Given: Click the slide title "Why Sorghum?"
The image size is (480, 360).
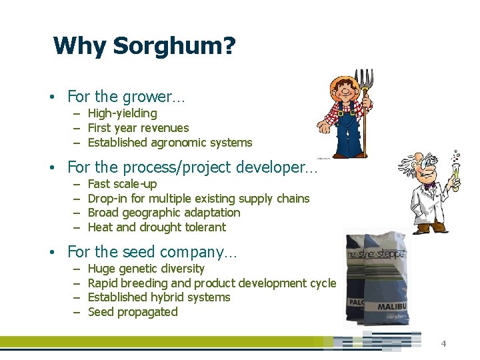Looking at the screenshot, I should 144,47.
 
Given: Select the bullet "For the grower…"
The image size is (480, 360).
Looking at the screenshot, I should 126,97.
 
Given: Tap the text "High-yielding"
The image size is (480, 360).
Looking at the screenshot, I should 122,113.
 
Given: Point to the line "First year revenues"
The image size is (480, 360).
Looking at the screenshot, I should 138,128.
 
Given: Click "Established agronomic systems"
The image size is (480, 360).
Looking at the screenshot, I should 170,143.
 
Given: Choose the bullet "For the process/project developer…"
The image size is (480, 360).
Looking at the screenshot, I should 193,168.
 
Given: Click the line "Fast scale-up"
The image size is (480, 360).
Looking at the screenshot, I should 122,184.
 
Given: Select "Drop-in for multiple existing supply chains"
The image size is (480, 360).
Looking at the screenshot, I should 199,199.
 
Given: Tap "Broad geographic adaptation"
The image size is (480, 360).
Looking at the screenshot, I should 164,213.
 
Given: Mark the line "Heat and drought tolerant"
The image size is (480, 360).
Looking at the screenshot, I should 157,227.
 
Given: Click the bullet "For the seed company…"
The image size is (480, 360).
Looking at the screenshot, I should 152,252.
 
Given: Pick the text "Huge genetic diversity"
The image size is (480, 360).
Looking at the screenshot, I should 146,269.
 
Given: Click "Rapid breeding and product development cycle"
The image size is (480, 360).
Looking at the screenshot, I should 212,283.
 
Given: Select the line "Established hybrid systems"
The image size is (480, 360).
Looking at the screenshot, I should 159,297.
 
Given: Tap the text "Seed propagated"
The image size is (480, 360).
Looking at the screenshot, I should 133,312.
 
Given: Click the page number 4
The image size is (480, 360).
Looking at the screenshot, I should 443,344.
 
